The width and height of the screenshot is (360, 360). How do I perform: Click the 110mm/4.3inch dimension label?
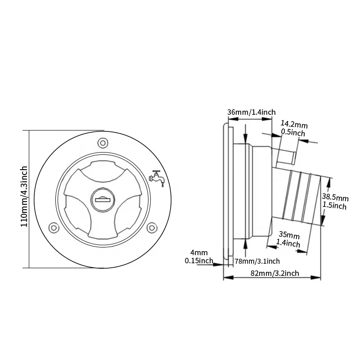click(24, 196)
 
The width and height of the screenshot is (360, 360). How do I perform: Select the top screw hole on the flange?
click(103, 143)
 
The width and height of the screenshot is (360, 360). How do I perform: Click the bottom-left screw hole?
click(54, 228)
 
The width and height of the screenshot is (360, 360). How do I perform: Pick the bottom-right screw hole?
click(152, 228)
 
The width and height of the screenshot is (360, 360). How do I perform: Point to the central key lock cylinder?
click(103, 199)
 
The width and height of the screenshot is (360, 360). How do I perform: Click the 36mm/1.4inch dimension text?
click(252, 112)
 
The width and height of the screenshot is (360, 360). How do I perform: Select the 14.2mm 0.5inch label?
click(294, 129)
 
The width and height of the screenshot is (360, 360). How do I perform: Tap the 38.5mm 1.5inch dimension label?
click(335, 202)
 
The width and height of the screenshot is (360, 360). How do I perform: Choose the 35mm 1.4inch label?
click(288, 239)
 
